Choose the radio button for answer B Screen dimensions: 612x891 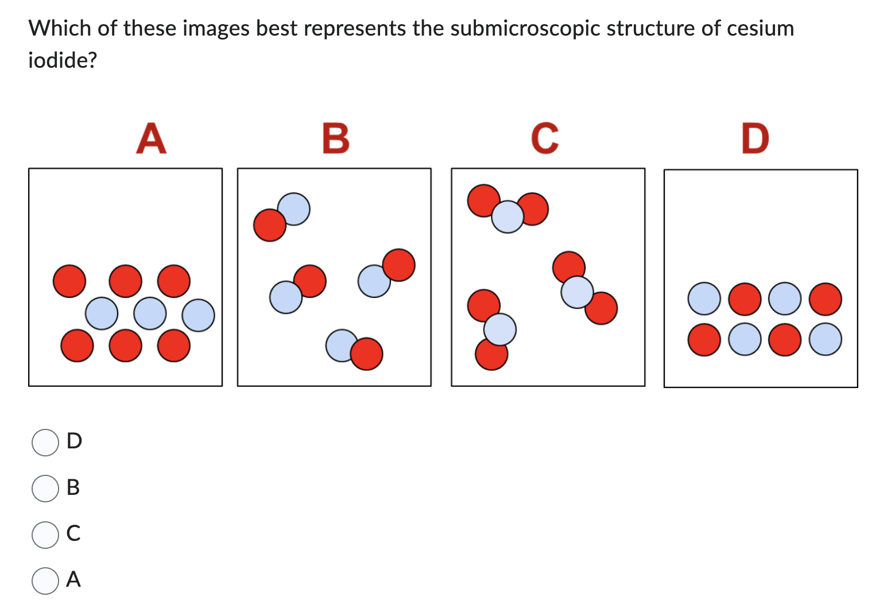coord(45,489)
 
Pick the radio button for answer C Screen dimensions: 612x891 coord(45,534)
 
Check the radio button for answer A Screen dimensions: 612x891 coord(45,580)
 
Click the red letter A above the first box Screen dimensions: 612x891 coord(152,138)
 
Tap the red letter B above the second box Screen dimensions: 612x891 coord(336,138)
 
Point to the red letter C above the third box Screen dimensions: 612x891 coord(544,138)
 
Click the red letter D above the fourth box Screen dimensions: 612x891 coord(755,138)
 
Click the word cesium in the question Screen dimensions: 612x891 coord(760,28)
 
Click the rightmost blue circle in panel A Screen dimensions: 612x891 coord(199,315)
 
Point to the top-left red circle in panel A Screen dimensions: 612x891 coord(69,281)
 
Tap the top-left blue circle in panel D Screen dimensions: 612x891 coord(704,299)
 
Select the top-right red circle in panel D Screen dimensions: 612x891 coord(826,299)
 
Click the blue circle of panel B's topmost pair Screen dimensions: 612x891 coord(294,208)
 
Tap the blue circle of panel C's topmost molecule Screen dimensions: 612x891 coord(508,216)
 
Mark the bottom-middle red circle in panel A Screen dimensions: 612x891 coord(126,346)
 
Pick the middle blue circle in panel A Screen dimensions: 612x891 coord(150,313)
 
